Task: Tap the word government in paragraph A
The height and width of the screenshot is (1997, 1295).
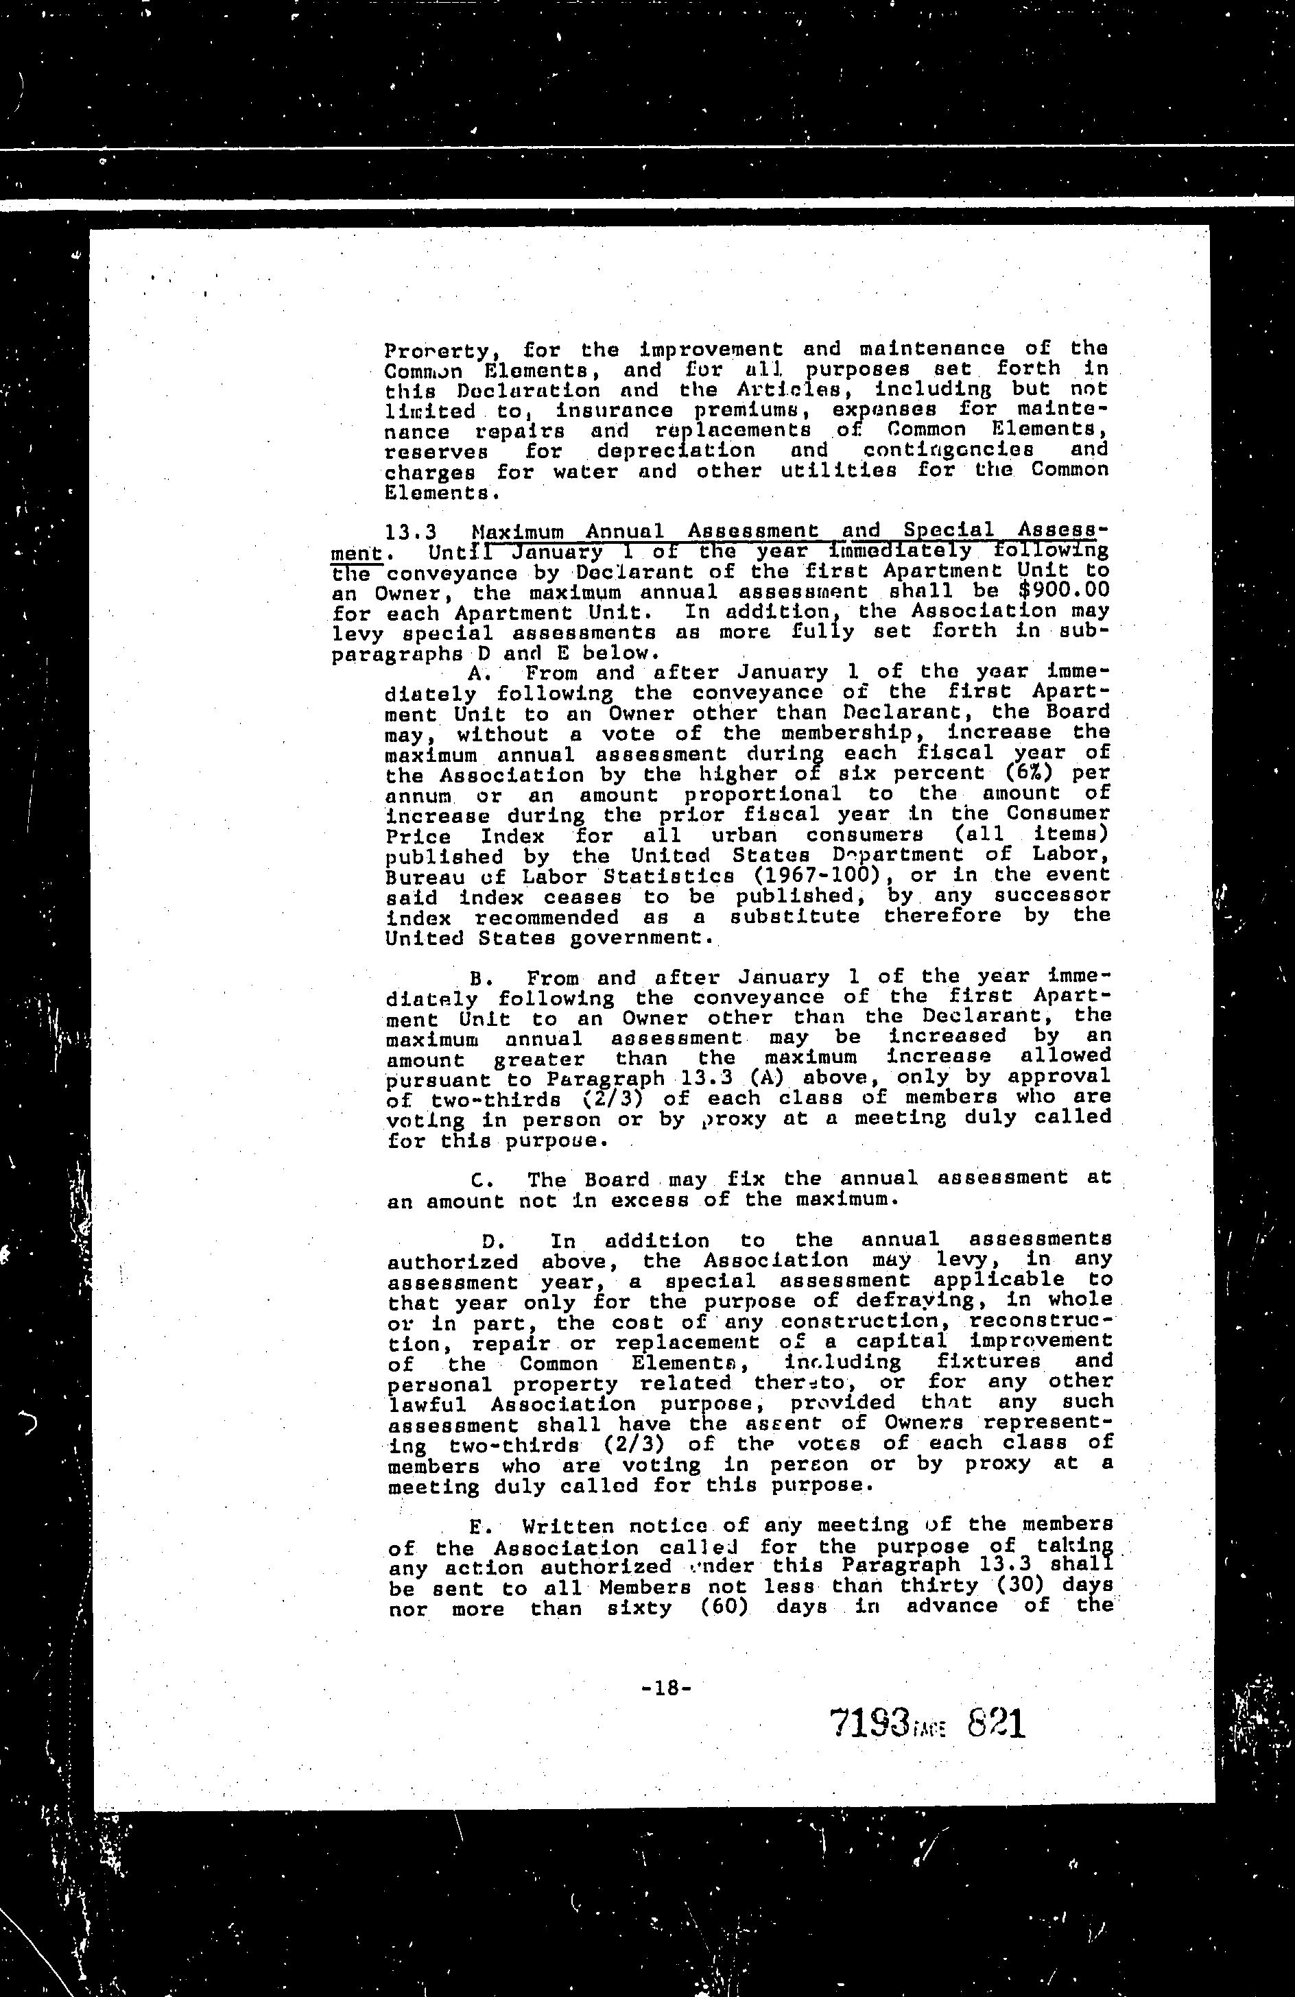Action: tap(642, 937)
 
